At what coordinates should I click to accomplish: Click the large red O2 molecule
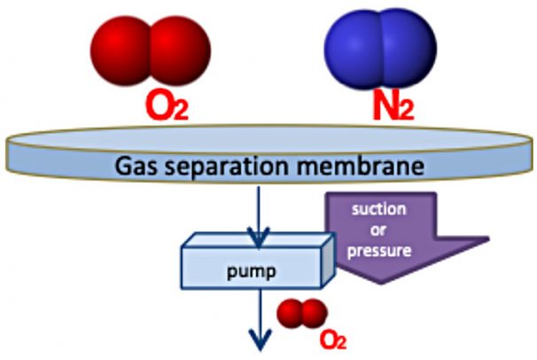click(x=152, y=46)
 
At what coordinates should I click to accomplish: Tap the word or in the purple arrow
click(x=389, y=232)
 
